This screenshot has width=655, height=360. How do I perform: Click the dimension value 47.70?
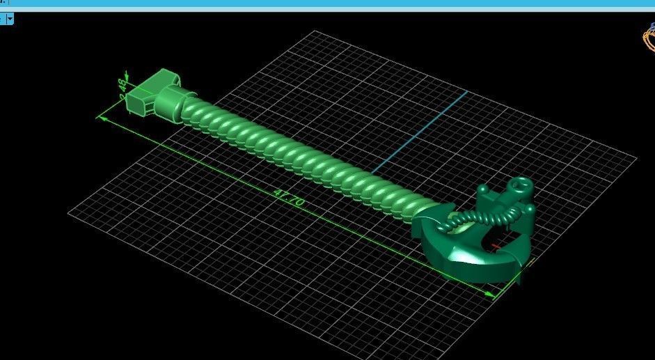(x=289, y=198)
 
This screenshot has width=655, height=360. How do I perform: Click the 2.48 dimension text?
(x=123, y=91)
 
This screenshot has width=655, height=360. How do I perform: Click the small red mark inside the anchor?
(x=496, y=246)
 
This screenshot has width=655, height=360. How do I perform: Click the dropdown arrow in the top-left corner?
(x=10, y=19)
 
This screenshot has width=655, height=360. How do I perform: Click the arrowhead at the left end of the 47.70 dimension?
(x=102, y=118)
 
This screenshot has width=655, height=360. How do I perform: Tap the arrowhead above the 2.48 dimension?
(x=127, y=73)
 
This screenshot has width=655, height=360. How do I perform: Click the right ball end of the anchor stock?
(x=530, y=208)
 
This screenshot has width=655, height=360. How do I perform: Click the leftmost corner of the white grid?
(x=68, y=214)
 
